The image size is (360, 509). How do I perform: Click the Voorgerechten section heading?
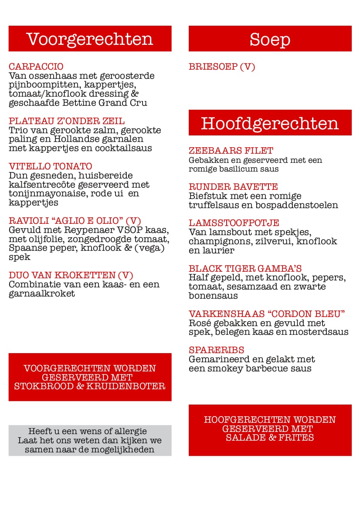pyautogui.click(x=90, y=39)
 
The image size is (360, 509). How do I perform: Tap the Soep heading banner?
pyautogui.click(x=270, y=39)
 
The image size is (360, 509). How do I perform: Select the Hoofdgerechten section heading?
pyautogui.click(x=270, y=123)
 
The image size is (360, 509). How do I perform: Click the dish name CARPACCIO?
pyautogui.click(x=36, y=67)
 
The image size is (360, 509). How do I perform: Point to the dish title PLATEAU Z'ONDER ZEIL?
pyautogui.click(x=67, y=121)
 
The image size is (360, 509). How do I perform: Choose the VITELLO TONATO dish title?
pyautogui.click(x=51, y=166)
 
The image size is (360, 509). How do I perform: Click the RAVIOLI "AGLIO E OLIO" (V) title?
pyautogui.click(x=75, y=221)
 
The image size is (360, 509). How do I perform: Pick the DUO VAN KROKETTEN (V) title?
pyautogui.click(x=71, y=275)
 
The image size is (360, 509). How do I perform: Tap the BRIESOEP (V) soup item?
pyautogui.click(x=222, y=67)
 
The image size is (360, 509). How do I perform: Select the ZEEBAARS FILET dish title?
pyautogui.click(x=231, y=151)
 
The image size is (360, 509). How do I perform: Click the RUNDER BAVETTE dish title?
pyautogui.click(x=233, y=187)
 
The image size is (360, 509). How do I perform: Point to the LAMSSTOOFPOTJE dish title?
pyautogui.click(x=234, y=223)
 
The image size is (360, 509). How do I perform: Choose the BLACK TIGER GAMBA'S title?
pyautogui.click(x=245, y=268)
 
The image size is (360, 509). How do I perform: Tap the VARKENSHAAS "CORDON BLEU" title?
pyautogui.click(x=267, y=314)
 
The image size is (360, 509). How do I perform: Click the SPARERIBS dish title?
pyautogui.click(x=216, y=350)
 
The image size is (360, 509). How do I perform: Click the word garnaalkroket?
pyautogui.click(x=42, y=294)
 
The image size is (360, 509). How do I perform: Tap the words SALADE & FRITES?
pyautogui.click(x=270, y=438)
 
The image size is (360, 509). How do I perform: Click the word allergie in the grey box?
pyautogui.click(x=129, y=431)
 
